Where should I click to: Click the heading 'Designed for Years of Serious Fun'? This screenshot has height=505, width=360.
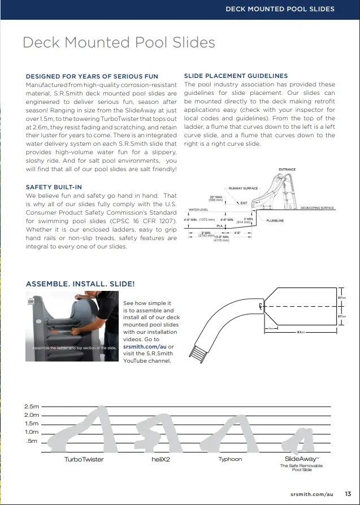pos(92,76)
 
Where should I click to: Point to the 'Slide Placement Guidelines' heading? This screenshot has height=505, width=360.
pos(236,76)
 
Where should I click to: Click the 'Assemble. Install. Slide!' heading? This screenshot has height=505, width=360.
pos(80,284)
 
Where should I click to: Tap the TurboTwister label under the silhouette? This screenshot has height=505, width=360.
pos(84,459)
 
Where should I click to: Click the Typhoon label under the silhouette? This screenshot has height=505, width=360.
pos(230,459)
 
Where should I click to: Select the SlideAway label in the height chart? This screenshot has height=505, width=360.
pos(300,459)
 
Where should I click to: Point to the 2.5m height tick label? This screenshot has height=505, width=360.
pos(32,407)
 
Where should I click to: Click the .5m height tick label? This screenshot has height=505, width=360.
pos(33,441)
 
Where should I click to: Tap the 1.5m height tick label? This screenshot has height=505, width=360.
pos(32,424)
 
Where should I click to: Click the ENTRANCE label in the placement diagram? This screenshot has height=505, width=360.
pos(287,169)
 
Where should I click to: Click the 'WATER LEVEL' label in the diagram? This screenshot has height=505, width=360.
pos(198,210)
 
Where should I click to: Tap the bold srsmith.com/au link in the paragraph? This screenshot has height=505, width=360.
pos(145,346)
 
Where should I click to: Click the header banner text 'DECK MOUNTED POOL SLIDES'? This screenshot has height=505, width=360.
pos(280,9)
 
